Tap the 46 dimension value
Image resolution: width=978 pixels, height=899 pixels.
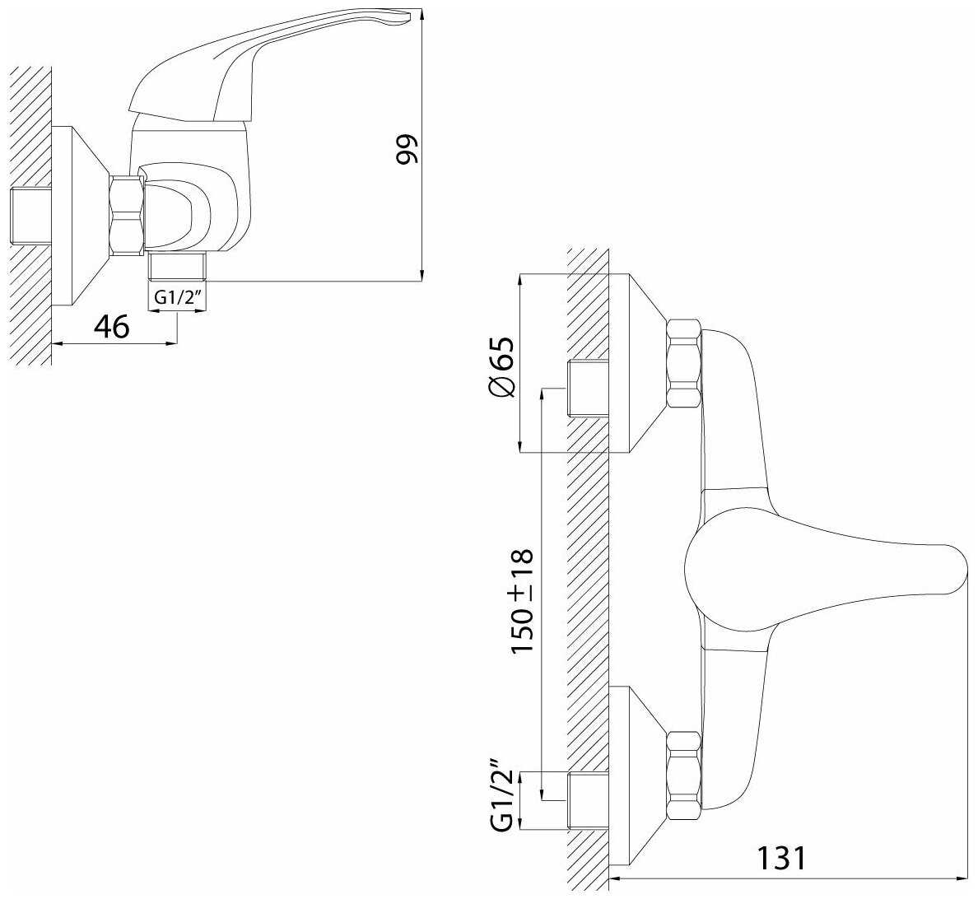click(111, 327)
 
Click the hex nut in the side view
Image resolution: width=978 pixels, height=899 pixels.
click(127, 215)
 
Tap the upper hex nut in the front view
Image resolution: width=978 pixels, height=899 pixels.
click(683, 364)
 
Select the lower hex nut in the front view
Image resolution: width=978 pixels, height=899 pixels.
click(683, 776)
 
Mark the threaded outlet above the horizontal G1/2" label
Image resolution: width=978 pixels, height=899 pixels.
click(176, 266)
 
